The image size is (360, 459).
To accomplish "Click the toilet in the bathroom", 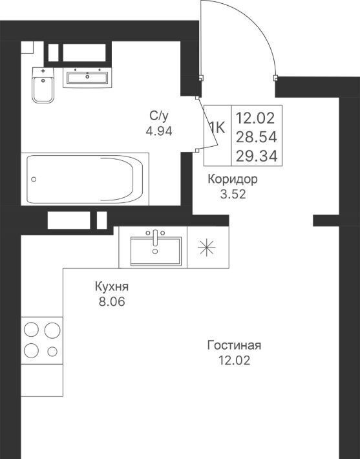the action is pyautogui.click(x=43, y=85).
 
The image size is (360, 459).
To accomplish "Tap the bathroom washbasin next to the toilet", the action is pyautogui.click(x=87, y=78).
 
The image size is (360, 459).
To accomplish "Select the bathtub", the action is pyautogui.click(x=85, y=179).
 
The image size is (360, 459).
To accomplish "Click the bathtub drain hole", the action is pyautogui.click(x=34, y=179).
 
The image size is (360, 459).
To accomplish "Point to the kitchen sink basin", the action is pyautogui.click(x=155, y=251).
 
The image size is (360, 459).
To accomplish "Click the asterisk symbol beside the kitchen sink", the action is pyautogui.click(x=207, y=248).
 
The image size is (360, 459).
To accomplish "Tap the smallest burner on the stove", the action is pyautogui.click(x=52, y=351).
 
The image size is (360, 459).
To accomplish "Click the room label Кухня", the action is pyautogui.click(x=112, y=286).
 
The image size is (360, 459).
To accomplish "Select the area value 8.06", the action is pyautogui.click(x=112, y=301).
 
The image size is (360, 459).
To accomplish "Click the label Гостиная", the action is pyautogui.click(x=234, y=345).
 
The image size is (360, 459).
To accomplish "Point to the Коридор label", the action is pyautogui.click(x=233, y=179).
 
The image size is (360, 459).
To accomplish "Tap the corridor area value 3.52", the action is pyautogui.click(x=233, y=194).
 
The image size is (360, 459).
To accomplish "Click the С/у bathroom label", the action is pyautogui.click(x=159, y=116).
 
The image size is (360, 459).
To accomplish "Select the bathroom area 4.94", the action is pyautogui.click(x=159, y=131).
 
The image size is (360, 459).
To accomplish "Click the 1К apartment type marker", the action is pyautogui.click(x=217, y=127).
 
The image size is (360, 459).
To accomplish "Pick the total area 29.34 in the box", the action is pyautogui.click(x=257, y=156).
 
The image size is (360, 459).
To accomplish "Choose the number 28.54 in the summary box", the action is pyautogui.click(x=257, y=137).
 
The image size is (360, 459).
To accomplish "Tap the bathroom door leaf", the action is pyautogui.click(x=208, y=122).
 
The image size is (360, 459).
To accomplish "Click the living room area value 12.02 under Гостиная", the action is pyautogui.click(x=234, y=360).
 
